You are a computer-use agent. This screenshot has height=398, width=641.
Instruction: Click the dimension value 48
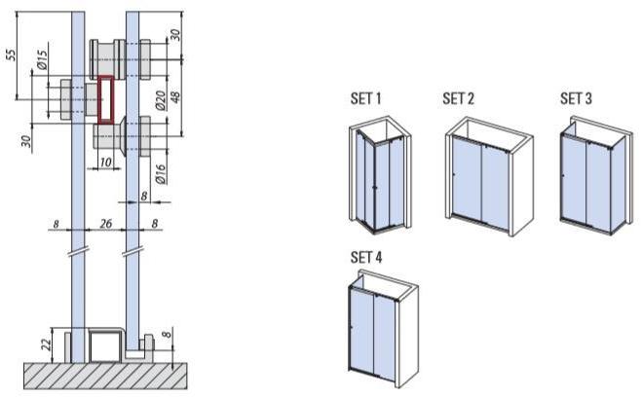(x=175, y=97)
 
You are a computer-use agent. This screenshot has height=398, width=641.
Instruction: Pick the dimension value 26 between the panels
(x=105, y=224)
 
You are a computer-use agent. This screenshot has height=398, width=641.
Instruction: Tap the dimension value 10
(x=105, y=162)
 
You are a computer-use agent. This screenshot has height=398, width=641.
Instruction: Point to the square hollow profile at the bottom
(x=103, y=344)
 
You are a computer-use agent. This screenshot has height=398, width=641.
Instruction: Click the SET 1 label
(x=365, y=98)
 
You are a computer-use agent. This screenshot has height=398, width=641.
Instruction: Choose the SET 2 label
(x=458, y=98)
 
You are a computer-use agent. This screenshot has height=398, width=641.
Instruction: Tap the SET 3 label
(x=576, y=98)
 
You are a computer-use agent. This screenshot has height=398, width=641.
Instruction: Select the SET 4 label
(x=365, y=257)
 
